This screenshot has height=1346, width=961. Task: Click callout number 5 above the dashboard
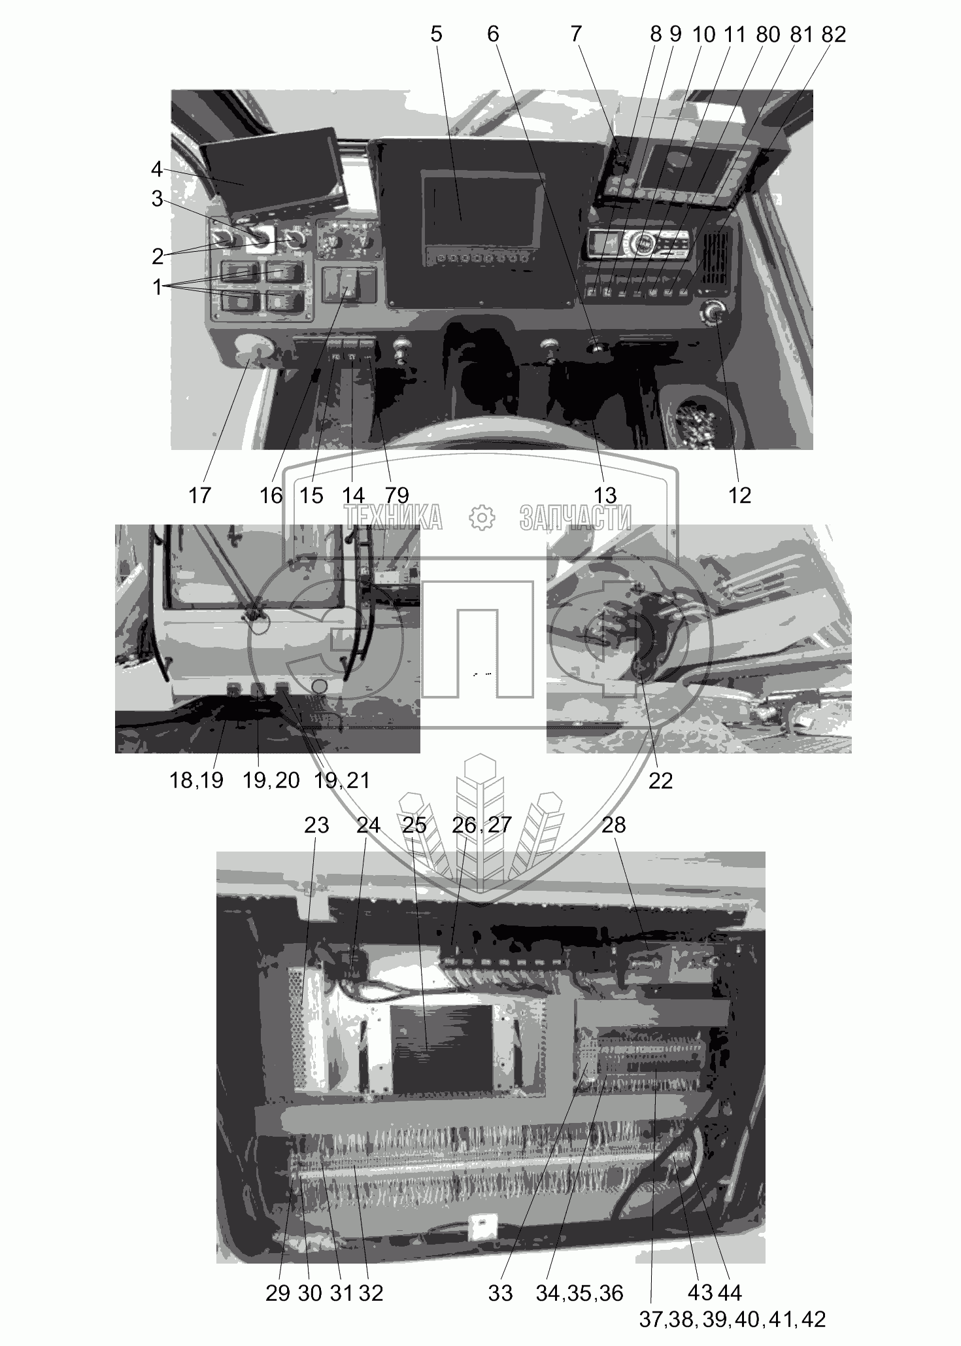coord(436,34)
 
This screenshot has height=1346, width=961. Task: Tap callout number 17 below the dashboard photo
coord(200,495)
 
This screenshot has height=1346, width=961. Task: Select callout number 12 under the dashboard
coord(739,495)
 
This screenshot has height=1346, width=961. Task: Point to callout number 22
coord(660,780)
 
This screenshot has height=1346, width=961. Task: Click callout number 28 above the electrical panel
coord(613,825)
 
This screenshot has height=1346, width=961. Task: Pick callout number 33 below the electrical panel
coord(500,1293)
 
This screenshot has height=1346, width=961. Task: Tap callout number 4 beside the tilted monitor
coord(156,169)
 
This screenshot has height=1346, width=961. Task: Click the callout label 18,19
coord(197,780)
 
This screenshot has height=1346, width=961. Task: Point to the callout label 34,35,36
coord(580,1293)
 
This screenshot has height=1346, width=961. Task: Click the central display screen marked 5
coord(482,206)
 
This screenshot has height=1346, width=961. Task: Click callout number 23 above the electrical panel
coord(316,825)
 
